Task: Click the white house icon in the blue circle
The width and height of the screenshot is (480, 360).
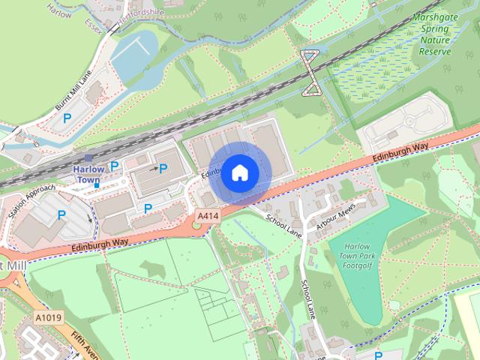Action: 239,172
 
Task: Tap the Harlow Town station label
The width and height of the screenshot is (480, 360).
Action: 88,175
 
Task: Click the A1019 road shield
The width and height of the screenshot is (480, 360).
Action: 48,319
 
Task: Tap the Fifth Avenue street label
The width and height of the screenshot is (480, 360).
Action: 82,342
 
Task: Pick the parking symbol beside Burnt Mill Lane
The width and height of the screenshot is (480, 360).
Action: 67,118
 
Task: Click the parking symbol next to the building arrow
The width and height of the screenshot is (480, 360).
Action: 163,169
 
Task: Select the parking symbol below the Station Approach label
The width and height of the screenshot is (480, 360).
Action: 62,215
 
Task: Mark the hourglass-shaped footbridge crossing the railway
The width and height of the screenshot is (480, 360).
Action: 309,73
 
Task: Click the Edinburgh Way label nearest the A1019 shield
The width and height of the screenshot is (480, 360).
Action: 100,244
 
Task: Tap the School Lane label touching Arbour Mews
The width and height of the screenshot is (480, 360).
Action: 283,223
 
